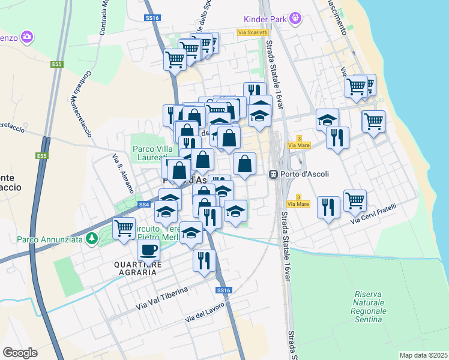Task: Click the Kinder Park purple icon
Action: tap(295, 19)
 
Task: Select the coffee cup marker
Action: tap(148, 249)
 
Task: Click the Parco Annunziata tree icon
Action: tap(91, 239)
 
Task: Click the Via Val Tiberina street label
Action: tap(162, 297)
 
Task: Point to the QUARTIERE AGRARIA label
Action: tap(136, 268)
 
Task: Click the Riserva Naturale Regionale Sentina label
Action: tap(369, 307)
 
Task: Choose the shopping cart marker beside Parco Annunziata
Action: tap(124, 228)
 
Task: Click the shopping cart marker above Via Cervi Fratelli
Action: tap(355, 200)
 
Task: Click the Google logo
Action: tap(20, 352)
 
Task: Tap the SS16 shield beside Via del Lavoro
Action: tap(223, 290)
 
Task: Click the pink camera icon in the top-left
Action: tap(26, 37)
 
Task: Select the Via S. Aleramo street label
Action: tap(123, 173)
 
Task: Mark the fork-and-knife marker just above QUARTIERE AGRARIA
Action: tap(204, 260)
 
